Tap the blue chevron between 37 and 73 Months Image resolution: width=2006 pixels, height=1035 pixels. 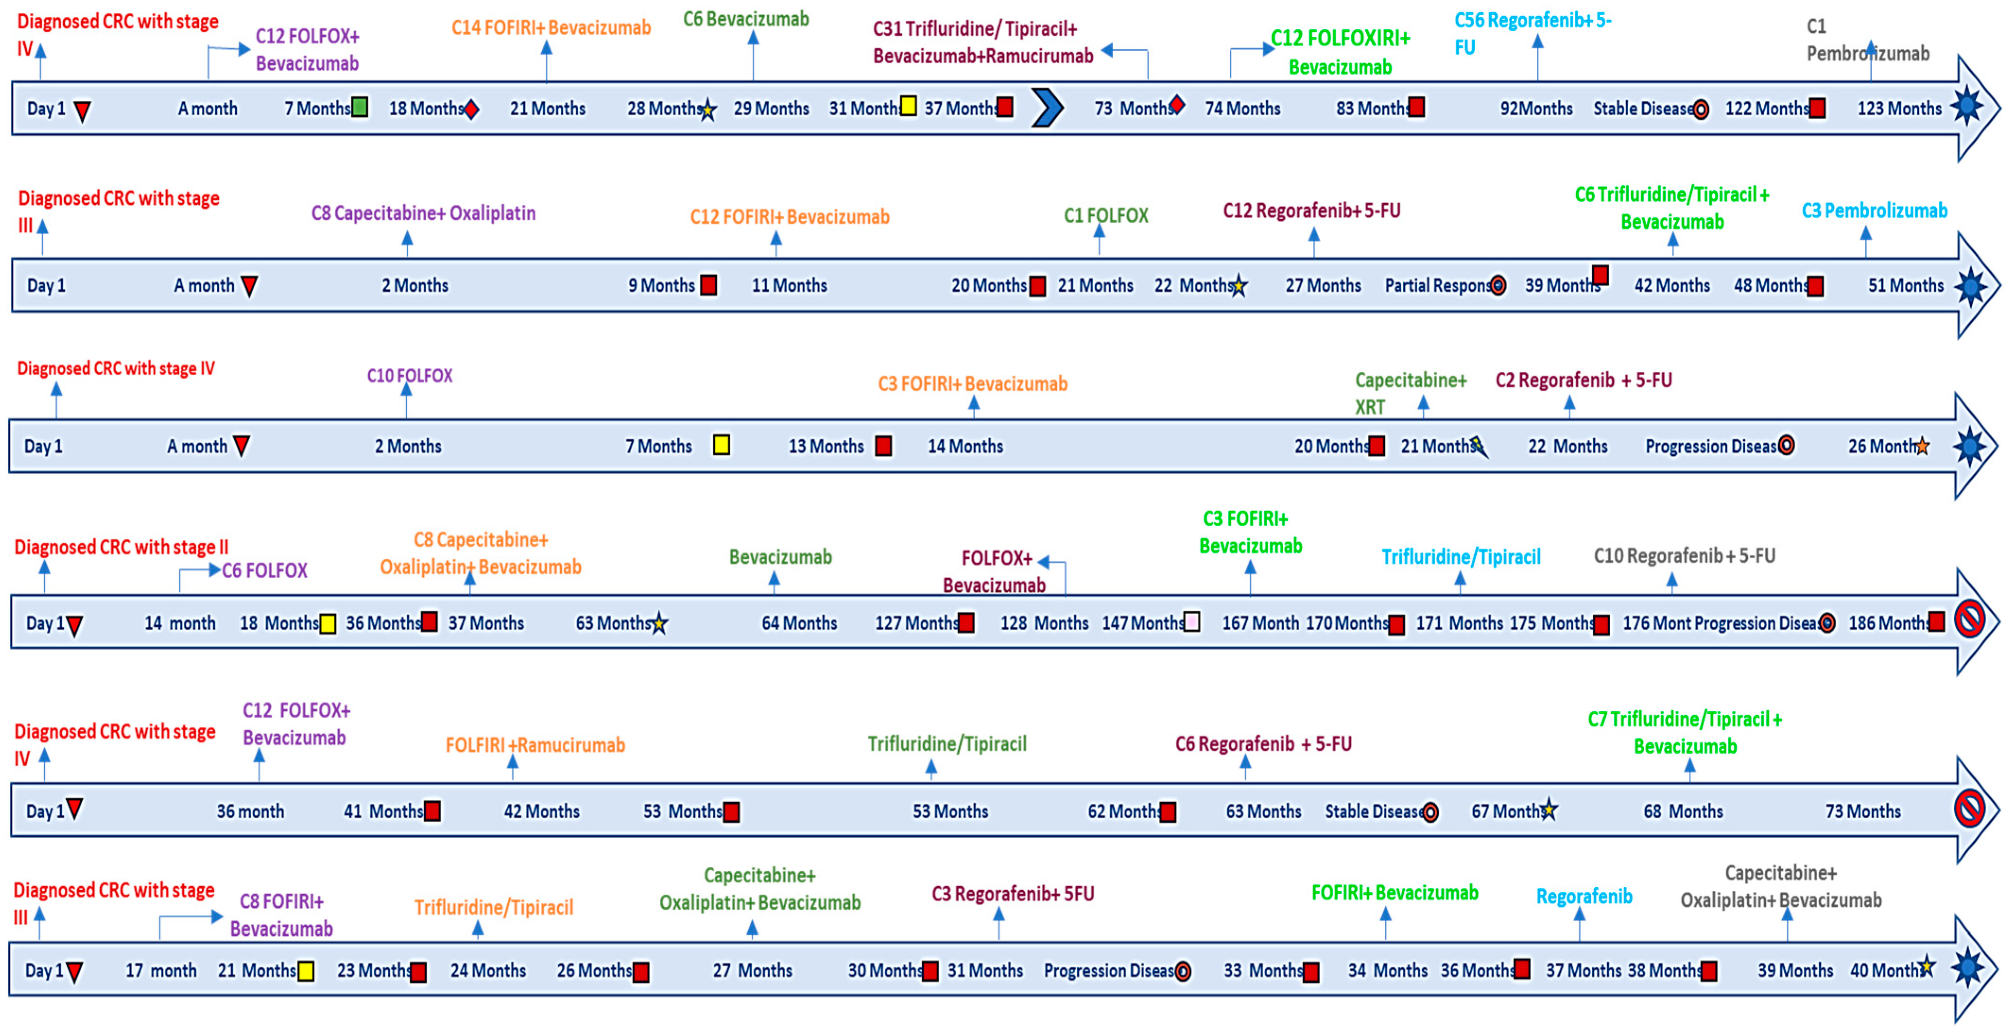point(1046,108)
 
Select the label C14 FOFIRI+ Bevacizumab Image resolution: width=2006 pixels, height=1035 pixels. point(550,28)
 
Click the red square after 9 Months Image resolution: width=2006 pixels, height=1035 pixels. point(708,285)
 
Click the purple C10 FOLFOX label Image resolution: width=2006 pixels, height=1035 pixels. point(410,376)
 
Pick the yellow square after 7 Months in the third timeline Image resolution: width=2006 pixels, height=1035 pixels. point(721,445)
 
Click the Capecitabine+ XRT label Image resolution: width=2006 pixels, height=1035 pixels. point(1409,393)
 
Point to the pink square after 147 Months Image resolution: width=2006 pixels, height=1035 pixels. point(1191,622)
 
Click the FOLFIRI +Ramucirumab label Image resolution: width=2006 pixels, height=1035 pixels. point(535,745)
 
